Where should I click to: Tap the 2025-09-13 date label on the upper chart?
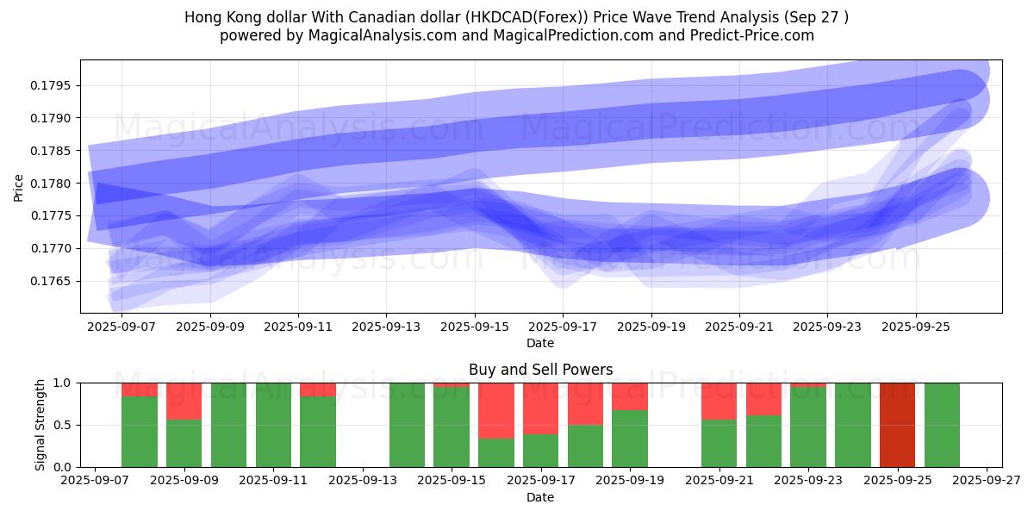(x=386, y=327)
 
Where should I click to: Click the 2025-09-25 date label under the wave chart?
(x=915, y=327)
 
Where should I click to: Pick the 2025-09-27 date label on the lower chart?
(x=987, y=482)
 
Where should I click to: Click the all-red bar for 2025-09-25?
(x=897, y=425)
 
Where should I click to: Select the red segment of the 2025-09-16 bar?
(x=496, y=411)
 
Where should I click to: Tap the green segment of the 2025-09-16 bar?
(x=496, y=453)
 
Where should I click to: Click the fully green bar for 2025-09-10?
(x=228, y=425)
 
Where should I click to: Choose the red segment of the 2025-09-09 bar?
(x=184, y=401)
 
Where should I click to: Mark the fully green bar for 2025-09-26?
(x=942, y=425)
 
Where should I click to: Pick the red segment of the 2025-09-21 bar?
(x=719, y=401)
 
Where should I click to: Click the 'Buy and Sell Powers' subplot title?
(x=540, y=370)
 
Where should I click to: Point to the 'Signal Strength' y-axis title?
(x=40, y=425)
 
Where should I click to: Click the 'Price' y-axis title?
(x=19, y=187)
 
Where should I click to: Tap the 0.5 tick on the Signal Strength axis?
(x=65, y=425)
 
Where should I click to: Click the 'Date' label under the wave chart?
(x=540, y=343)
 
